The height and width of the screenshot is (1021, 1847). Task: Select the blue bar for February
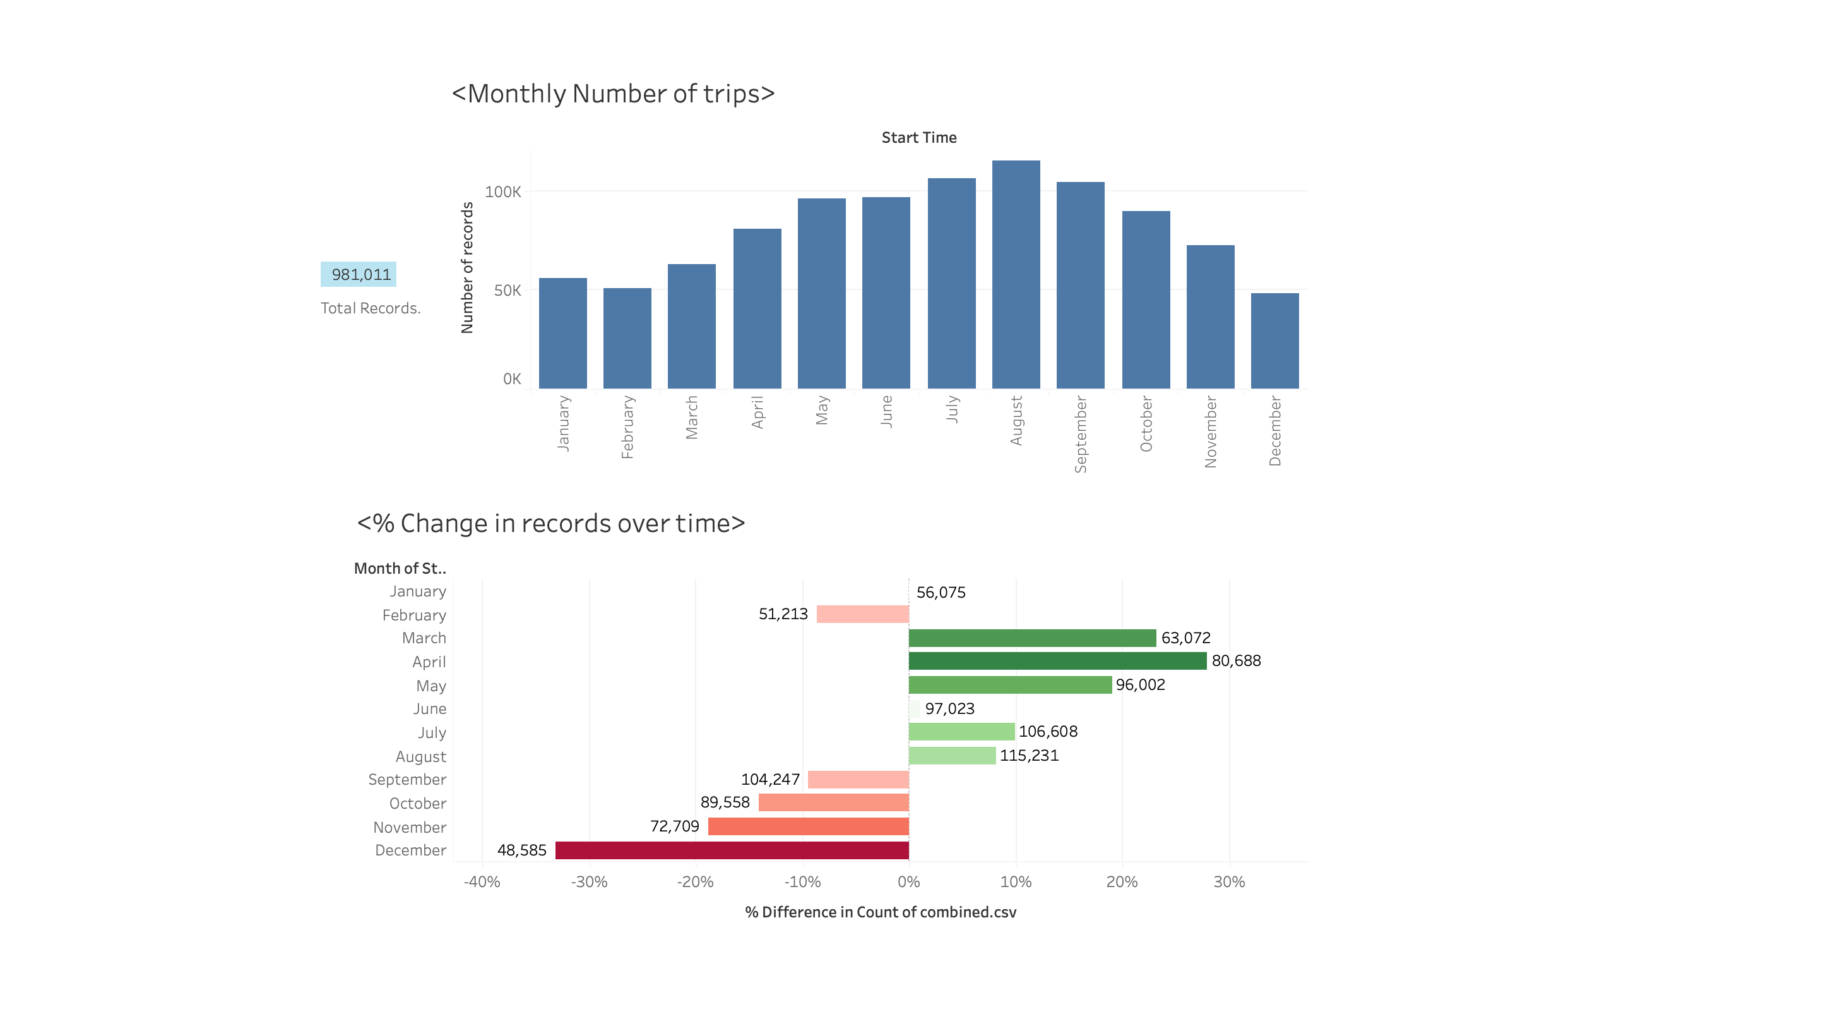click(x=627, y=338)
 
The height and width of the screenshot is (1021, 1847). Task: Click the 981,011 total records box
click(x=359, y=274)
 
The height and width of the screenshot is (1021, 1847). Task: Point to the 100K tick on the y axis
click(x=502, y=191)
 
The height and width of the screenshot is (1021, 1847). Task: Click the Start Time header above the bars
click(x=918, y=137)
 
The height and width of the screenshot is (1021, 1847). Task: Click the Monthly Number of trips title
click(x=613, y=94)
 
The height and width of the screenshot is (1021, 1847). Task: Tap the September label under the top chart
click(x=1080, y=433)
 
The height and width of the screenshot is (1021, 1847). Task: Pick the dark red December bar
click(x=732, y=850)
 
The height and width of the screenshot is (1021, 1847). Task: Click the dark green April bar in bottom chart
click(x=1057, y=661)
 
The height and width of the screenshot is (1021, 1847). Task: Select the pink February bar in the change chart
click(x=862, y=614)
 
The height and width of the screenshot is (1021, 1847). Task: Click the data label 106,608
click(x=1048, y=731)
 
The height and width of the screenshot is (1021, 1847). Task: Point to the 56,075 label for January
click(x=941, y=592)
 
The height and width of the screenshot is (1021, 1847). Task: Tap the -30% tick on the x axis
click(x=589, y=882)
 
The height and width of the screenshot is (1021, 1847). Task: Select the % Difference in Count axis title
click(x=881, y=912)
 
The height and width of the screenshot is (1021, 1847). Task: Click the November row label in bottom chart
click(x=410, y=827)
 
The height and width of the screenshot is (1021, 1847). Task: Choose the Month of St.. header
click(x=400, y=568)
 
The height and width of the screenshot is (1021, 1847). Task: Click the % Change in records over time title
click(x=550, y=523)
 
